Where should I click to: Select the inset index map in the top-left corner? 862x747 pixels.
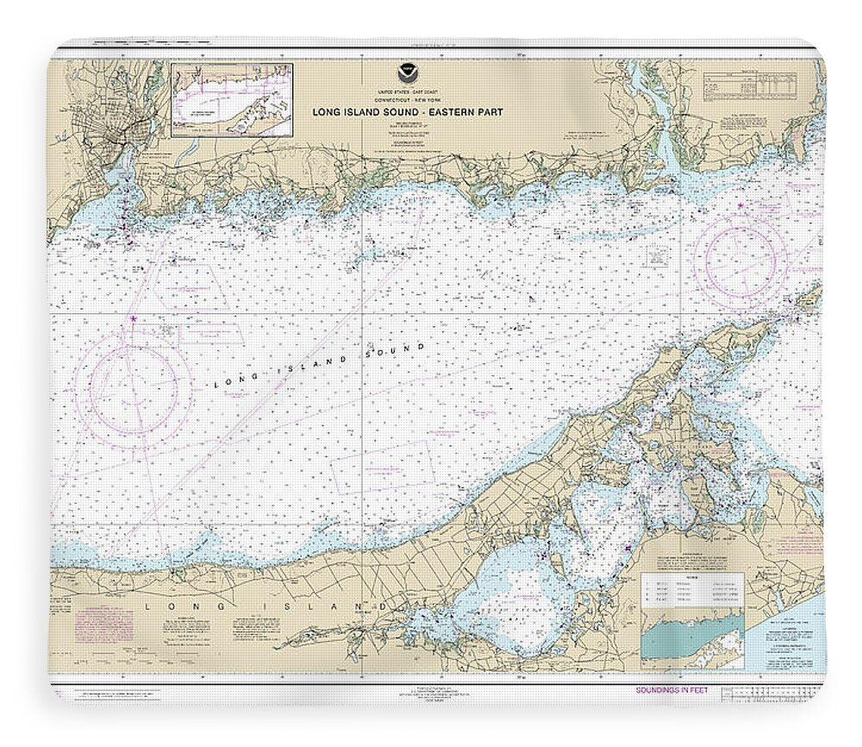(x=232, y=100)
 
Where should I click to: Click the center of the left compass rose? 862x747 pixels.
(x=132, y=392)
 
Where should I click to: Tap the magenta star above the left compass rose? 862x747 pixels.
(x=133, y=318)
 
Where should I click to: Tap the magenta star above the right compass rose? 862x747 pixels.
(x=740, y=205)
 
